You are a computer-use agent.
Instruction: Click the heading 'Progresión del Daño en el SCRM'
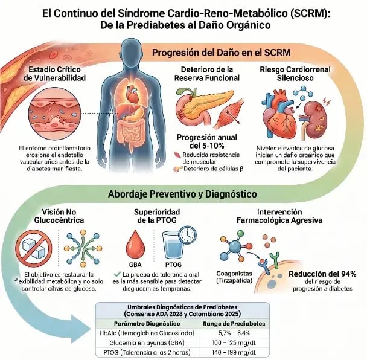pyautogui.click(x=221, y=53)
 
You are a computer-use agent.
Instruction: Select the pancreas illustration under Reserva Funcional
pyautogui.click(x=201, y=106)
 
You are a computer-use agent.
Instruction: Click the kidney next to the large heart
pyautogui.click(x=316, y=120)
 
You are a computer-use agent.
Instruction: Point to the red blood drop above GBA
pyautogui.click(x=135, y=244)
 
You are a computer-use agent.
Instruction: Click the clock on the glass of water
pyautogui.click(x=188, y=234)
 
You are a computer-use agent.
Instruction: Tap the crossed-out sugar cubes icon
pyautogui.click(x=34, y=248)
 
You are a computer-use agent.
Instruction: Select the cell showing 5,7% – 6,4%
pyautogui.click(x=234, y=333)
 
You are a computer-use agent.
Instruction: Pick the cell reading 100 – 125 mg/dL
pyautogui.click(x=234, y=342)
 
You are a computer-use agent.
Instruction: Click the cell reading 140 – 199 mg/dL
pyautogui.click(x=234, y=352)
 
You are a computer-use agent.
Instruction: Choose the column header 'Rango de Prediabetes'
pyautogui.click(x=234, y=324)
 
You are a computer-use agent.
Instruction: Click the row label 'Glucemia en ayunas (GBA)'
pyautogui.click(x=147, y=342)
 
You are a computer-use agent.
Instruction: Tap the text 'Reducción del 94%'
pyautogui.click(x=322, y=274)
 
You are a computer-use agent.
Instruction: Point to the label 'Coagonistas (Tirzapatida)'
pyautogui.click(x=234, y=277)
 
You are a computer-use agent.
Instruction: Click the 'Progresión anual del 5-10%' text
pyautogui.click(x=206, y=141)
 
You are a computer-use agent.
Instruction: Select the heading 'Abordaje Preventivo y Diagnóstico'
pyautogui.click(x=182, y=194)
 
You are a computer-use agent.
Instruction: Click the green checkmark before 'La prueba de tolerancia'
pyautogui.click(x=117, y=274)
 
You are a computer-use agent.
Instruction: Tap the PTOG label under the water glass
pyautogui.click(x=173, y=265)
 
